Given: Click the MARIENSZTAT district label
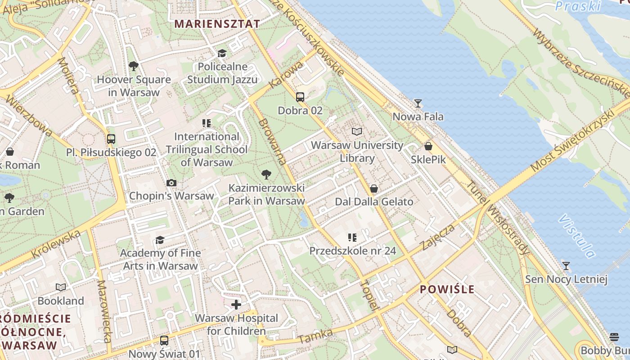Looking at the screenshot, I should click(217, 24).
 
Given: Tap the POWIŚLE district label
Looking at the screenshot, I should click(447, 289).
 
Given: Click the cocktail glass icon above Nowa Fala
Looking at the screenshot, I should click(418, 103).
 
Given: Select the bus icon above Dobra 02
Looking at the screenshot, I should click(300, 97).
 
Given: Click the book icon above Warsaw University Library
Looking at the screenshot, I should click(357, 131).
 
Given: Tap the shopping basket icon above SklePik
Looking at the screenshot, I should click(428, 146).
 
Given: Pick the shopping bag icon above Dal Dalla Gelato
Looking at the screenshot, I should click(374, 189).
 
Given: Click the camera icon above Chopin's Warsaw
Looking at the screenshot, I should click(171, 183).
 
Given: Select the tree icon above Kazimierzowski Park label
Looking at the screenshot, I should click(266, 174).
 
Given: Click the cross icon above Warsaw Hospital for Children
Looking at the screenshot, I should click(236, 305).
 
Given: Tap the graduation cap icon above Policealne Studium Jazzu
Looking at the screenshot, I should click(222, 54).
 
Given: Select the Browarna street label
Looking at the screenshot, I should click(272, 141).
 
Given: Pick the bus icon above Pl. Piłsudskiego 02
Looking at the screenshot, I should click(111, 139).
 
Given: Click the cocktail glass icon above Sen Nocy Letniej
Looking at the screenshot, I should click(566, 266).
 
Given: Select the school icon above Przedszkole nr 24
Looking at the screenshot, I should click(352, 237).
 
